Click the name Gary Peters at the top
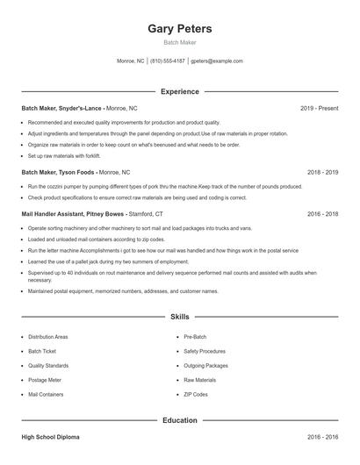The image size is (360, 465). click(x=180, y=28)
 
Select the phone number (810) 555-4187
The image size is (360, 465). click(x=168, y=61)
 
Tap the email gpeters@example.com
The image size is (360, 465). click(x=216, y=61)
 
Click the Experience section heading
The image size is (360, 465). click(x=180, y=91)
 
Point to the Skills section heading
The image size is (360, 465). click(x=180, y=316)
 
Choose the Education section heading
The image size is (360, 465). click(x=180, y=420)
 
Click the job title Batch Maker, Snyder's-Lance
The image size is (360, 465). click(x=61, y=108)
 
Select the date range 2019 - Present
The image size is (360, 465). click(x=319, y=108)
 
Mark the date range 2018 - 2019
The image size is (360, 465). click(x=322, y=173)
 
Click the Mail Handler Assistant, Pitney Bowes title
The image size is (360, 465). click(x=73, y=213)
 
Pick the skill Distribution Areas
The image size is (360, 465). click(x=47, y=336)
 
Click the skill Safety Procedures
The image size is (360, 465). click(x=205, y=351)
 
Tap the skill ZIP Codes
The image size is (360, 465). click(x=196, y=395)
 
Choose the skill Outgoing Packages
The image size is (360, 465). click(x=205, y=365)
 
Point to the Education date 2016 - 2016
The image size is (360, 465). click(x=322, y=436)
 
